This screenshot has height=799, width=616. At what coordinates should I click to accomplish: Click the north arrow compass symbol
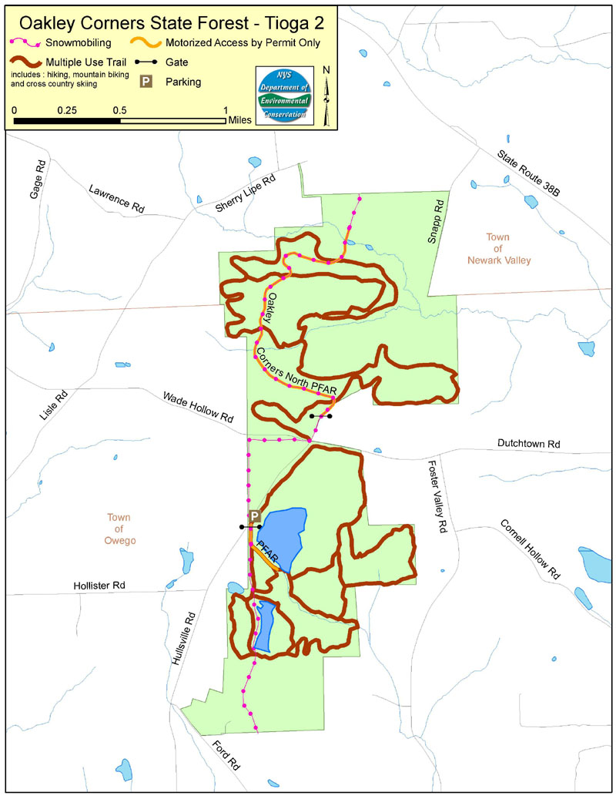326,95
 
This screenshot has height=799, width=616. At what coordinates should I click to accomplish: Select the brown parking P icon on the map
254,517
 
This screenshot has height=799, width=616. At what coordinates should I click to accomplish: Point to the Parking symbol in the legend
144,81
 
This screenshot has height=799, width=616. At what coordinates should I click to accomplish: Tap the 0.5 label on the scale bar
119,109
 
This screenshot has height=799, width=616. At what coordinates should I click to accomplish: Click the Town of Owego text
121,529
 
